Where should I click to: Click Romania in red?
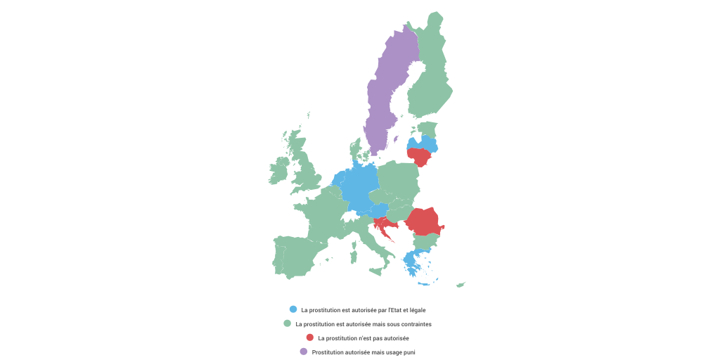426,221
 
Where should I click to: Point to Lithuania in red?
420,157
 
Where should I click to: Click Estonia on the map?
427,129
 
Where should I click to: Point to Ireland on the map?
278,171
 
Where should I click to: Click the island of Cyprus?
461,285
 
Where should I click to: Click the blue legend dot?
293,309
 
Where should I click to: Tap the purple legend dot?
304,352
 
